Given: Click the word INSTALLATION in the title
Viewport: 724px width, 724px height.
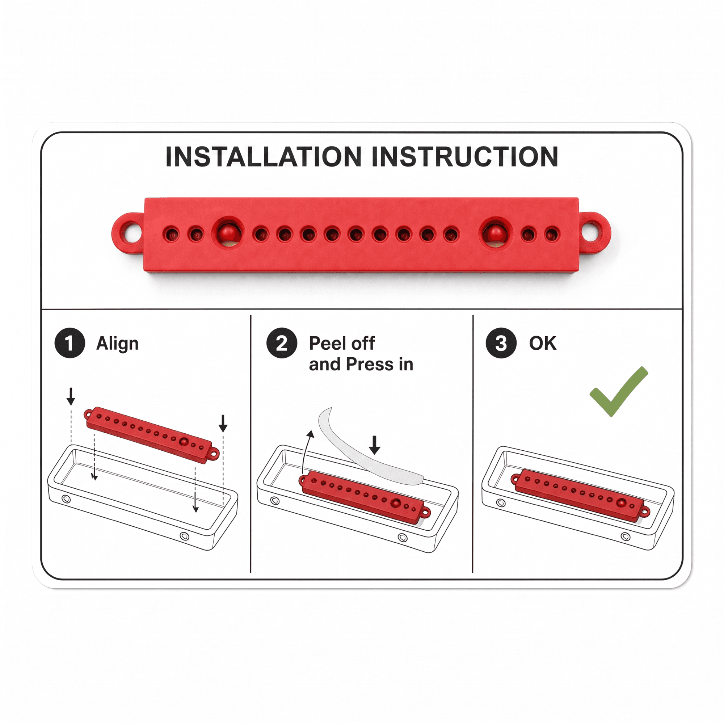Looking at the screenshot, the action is click(x=264, y=156).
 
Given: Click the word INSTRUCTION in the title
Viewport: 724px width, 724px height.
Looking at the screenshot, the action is click(x=465, y=156).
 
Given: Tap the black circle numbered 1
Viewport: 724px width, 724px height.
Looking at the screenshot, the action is click(x=70, y=343).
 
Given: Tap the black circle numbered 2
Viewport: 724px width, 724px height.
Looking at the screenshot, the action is click(x=282, y=343).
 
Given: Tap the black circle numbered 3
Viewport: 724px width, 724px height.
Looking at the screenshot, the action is click(x=501, y=343).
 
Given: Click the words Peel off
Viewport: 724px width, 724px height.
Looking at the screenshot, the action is click(x=342, y=343).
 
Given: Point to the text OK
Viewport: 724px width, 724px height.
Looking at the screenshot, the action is click(x=543, y=343).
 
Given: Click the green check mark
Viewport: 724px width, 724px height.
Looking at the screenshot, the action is click(x=619, y=392).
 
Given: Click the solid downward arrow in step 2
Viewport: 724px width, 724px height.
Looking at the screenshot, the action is click(x=375, y=445).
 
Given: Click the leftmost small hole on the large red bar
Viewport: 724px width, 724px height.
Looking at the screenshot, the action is click(x=171, y=235).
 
